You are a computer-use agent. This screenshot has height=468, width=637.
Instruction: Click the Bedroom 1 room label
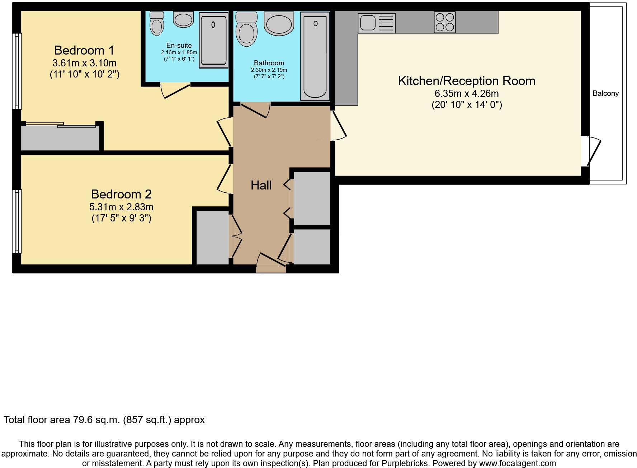point(84,50)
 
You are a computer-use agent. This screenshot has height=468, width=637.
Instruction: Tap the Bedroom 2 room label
point(121,194)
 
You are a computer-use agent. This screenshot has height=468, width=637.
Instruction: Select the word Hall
point(261,185)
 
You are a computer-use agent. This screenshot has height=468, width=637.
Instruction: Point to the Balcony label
point(605,93)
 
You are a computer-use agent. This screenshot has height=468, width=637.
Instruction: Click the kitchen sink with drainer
point(377,23)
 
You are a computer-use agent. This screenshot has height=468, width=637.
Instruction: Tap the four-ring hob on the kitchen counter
point(444,22)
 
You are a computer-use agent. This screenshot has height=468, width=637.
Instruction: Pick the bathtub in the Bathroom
point(315,56)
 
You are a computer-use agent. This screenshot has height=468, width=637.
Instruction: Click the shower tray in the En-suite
point(213,40)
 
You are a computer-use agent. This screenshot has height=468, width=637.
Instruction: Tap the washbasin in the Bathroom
point(279,24)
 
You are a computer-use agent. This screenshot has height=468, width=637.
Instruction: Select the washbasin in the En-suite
point(183,19)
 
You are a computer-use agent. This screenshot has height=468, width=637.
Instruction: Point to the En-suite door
point(176,90)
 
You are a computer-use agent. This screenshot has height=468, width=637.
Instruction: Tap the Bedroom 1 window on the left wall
point(17,71)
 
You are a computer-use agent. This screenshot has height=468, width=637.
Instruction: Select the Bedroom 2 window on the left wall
point(17,221)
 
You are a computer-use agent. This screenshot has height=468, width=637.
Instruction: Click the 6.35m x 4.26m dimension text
point(466,94)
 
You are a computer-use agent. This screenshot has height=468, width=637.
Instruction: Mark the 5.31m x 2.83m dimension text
point(121,207)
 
